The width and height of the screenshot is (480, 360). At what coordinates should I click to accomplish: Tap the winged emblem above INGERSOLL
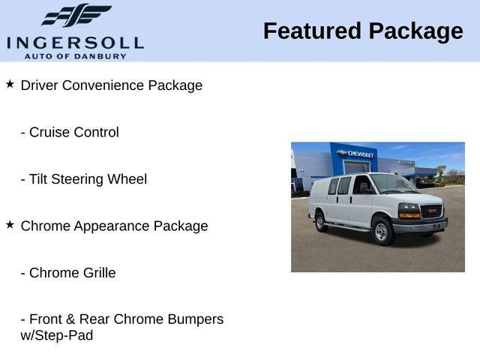point(76,16)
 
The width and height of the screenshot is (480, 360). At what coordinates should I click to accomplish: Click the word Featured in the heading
point(310,31)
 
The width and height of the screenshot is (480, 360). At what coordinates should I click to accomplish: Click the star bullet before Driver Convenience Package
point(10,84)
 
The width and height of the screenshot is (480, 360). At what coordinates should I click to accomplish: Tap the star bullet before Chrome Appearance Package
point(10,224)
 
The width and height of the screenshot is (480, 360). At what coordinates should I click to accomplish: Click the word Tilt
point(37,179)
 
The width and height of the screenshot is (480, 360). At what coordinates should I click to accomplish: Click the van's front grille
point(432,212)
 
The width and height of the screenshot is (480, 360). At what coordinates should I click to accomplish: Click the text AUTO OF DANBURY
point(75,56)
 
